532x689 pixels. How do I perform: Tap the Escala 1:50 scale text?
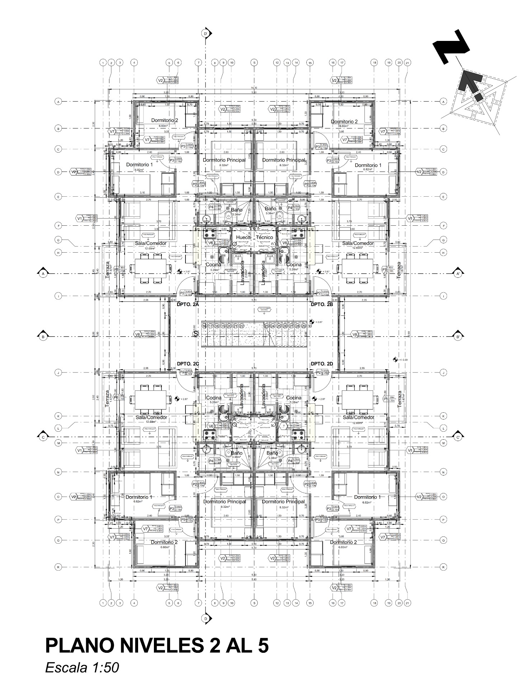(82, 668)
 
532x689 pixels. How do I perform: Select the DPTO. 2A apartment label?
(188, 304)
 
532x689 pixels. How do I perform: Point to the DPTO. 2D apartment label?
(322, 364)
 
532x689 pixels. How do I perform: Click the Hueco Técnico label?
(254, 237)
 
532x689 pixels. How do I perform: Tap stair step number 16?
(204, 326)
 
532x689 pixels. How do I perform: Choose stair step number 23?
(267, 326)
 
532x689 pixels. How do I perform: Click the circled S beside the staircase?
(196, 334)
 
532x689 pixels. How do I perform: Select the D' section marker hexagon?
(206, 34)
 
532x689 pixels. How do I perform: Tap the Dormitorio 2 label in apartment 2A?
(164, 121)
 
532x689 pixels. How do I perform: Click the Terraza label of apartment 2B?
(399, 270)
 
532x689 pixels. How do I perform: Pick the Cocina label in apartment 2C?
(213, 398)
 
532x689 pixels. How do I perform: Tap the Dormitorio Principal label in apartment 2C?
(225, 501)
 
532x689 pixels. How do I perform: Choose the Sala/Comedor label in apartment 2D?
(358, 417)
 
